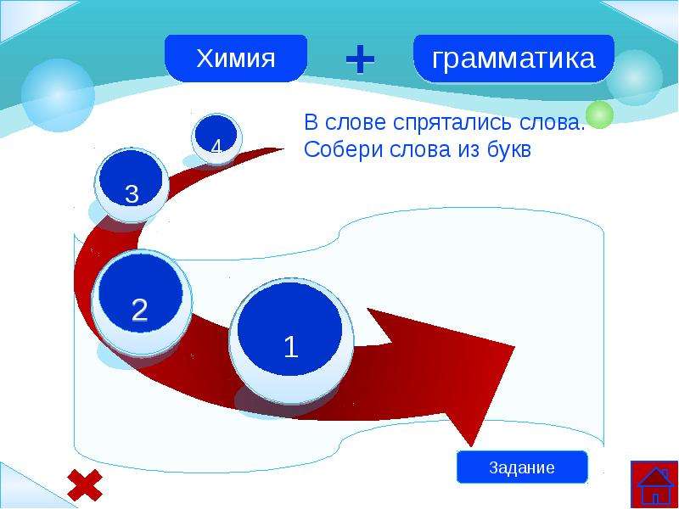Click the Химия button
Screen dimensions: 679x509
point(236,58)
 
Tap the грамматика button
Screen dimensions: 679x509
point(513,58)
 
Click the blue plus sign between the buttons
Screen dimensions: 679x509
point(360,59)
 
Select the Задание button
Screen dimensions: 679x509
point(522,467)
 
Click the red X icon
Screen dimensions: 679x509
point(85,484)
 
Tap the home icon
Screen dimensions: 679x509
point(654,484)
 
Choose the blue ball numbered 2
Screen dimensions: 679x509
point(141,302)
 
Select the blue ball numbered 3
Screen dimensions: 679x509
point(132,184)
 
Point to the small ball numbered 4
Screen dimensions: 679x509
point(216,138)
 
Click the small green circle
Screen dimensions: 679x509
point(599,115)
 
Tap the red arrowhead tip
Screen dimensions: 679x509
point(471,446)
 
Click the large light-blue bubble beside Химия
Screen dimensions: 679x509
point(58,95)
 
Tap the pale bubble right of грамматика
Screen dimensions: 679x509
point(634,78)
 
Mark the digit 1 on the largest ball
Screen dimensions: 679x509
point(291,347)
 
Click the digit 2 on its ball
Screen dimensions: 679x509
point(139,310)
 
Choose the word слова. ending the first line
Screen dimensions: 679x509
point(553,123)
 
